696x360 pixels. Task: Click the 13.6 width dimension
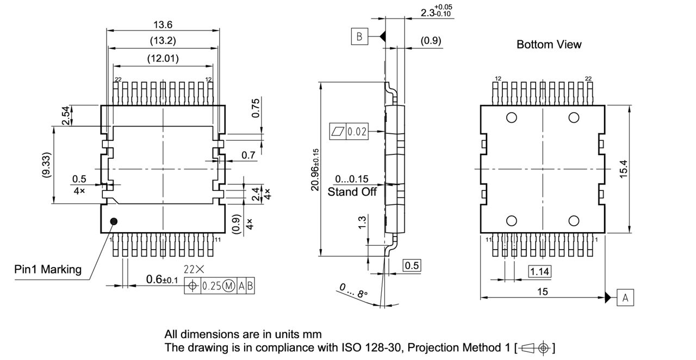[163, 24]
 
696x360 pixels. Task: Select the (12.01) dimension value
[163, 58]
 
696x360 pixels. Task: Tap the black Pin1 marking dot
[114, 221]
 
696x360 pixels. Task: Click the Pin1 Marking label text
[48, 269]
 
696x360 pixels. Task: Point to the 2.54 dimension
[65, 115]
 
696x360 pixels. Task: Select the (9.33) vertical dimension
[47, 165]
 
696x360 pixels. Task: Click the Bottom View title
[549, 45]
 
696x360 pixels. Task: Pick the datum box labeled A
[625, 297]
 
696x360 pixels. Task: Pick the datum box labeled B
[359, 37]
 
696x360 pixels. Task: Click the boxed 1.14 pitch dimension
[540, 270]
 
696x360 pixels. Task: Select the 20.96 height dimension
[315, 169]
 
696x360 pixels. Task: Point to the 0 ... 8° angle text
[354, 291]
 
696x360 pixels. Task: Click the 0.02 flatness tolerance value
[357, 131]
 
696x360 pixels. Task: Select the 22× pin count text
[194, 270]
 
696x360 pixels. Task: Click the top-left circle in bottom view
[512, 117]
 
